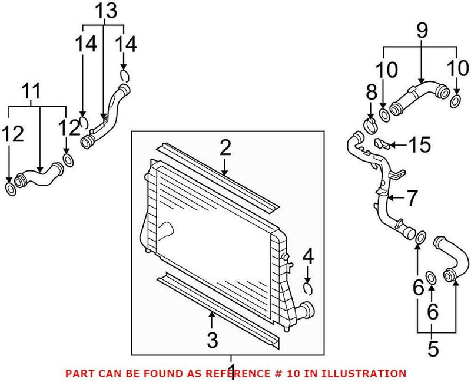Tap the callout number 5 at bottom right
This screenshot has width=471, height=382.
click(433, 349)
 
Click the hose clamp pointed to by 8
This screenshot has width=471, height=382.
click(371, 124)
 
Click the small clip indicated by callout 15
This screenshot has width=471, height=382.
click(382, 143)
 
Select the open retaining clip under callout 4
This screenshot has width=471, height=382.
click(307, 287)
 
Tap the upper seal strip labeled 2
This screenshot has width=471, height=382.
click(218, 177)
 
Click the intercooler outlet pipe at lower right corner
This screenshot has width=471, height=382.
click(306, 309)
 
